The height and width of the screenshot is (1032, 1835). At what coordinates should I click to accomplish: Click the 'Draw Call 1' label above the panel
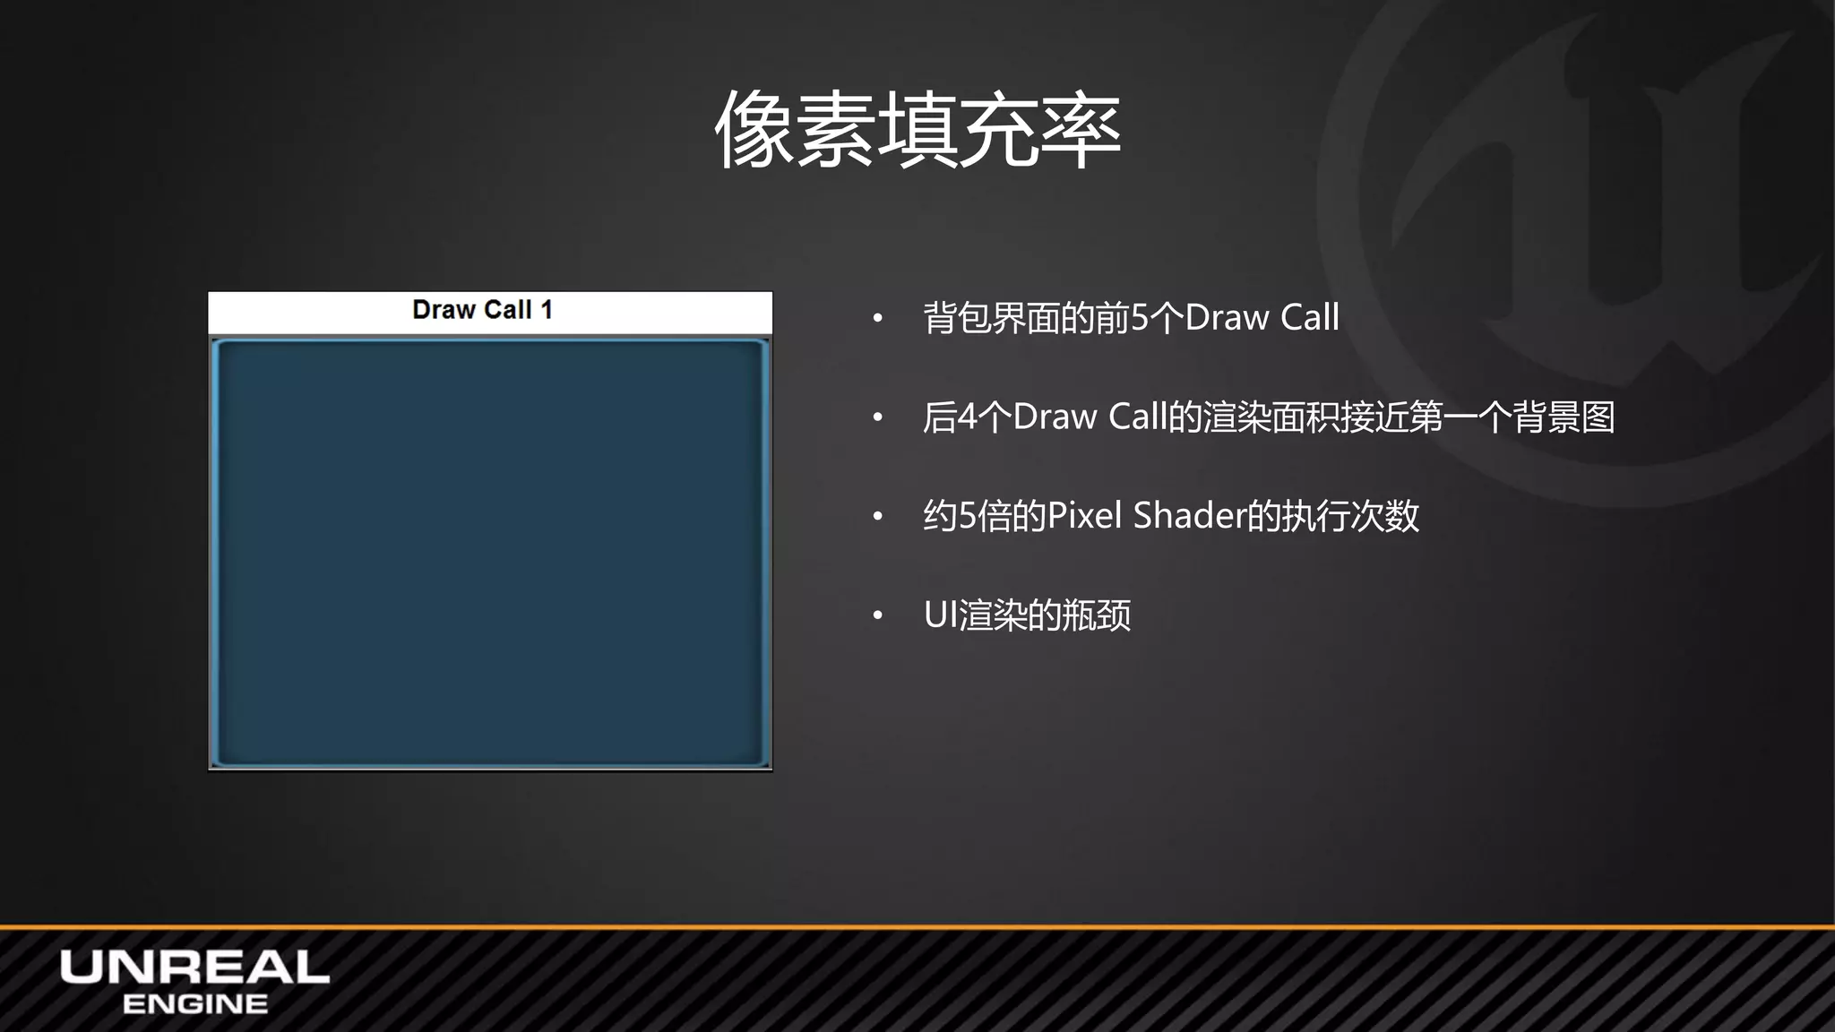click(x=482, y=310)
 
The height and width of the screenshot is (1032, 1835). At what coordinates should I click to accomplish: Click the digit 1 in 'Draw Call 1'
click(x=546, y=310)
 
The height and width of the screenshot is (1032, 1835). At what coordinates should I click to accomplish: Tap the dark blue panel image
click(x=490, y=552)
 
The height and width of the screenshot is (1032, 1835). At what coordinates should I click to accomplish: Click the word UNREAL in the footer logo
click(x=194, y=967)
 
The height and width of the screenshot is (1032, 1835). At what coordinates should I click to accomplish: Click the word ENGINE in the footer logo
click(x=194, y=1004)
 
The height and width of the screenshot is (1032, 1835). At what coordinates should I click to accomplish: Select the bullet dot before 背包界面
click(x=878, y=319)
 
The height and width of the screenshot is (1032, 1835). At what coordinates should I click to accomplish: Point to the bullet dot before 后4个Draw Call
click(x=878, y=417)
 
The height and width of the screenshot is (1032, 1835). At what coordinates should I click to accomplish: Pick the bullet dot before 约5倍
click(x=878, y=517)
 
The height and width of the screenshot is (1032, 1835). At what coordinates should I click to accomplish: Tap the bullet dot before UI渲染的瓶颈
click(x=878, y=615)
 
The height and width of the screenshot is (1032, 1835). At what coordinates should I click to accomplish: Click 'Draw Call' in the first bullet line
click(x=1262, y=318)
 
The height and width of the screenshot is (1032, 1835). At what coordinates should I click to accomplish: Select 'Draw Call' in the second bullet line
click(x=1090, y=417)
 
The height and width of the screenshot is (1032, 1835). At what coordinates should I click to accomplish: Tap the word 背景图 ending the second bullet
click(x=1564, y=417)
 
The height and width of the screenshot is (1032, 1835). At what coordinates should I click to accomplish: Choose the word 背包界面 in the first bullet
click(x=992, y=318)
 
